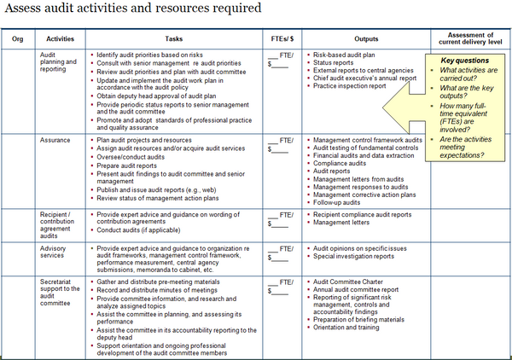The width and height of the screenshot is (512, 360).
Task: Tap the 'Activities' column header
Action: pos(59,38)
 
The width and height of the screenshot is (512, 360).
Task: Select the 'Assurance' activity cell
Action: pos(56,138)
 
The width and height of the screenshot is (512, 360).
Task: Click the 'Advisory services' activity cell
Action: pos(57,253)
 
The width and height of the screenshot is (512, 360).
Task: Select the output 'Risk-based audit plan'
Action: pos(347,54)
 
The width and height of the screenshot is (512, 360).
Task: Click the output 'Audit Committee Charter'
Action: pos(352,281)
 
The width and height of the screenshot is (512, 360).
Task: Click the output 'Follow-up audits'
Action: pos(339,203)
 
